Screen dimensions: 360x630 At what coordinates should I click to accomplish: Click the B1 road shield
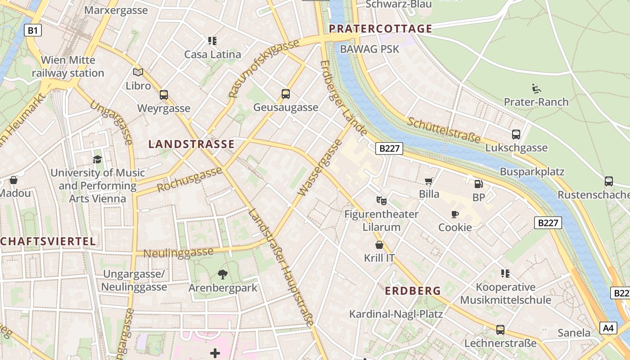pos(33,31)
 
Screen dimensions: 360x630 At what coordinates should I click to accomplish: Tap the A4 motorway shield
pos(608,328)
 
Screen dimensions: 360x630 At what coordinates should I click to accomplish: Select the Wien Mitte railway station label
pos(68,67)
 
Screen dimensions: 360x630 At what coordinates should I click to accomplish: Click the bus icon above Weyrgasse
pos(164,95)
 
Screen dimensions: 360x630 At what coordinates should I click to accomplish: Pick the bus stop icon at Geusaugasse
pos(286,94)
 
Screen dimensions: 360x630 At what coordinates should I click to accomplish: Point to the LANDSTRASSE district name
pos(191,144)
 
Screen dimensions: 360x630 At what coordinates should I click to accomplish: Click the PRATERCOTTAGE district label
pos(380,29)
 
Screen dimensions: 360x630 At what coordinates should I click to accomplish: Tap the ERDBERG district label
pos(413,291)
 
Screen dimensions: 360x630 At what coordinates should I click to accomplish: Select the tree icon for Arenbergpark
pos(222,274)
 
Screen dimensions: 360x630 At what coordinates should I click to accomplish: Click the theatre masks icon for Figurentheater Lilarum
pos(382,200)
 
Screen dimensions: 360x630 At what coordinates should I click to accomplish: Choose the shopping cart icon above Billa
pos(429,181)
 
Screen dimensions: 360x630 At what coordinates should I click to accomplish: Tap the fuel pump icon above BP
pos(479,184)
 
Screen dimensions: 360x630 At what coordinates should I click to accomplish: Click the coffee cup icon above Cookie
pos(455,214)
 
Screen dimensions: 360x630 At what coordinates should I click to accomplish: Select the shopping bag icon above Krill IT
pos(379,245)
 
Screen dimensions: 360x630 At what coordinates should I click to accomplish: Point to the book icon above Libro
pos(138,72)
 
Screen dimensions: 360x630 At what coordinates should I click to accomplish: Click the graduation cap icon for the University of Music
pos(98,159)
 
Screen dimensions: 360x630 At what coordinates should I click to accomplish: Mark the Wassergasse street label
pos(320,168)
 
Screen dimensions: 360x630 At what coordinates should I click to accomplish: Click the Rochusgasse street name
pos(189,180)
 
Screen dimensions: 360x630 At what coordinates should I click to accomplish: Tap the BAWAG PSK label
pos(369,49)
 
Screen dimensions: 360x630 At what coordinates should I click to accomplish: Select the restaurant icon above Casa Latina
pos(212,41)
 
